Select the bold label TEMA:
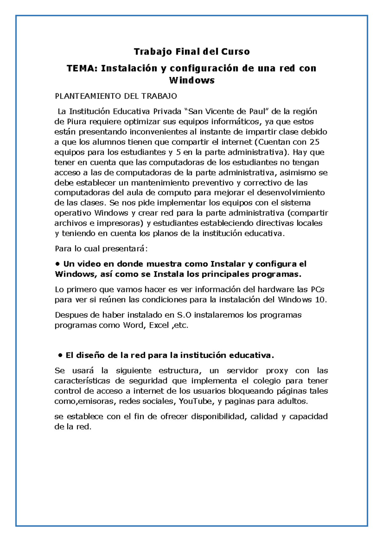point(82,68)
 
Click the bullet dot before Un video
point(57,264)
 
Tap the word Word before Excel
point(133,325)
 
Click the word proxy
point(277,371)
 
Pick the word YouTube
point(195,401)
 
